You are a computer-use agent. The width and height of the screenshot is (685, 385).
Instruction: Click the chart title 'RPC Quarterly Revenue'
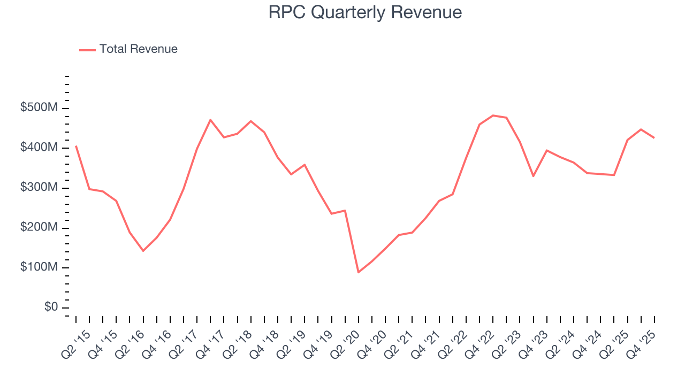click(x=365, y=12)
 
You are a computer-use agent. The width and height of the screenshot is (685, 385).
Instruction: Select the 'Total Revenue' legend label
click(x=138, y=49)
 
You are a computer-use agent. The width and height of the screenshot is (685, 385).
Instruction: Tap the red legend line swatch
click(x=87, y=50)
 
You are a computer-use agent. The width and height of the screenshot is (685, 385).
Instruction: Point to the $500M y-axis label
click(x=39, y=108)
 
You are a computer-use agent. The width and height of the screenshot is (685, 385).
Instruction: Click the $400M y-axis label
click(x=39, y=148)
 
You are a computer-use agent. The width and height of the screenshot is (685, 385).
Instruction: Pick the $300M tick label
click(x=39, y=188)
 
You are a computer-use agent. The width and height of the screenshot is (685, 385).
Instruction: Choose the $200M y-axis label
click(x=39, y=228)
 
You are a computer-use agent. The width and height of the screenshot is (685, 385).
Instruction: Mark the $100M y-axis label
click(x=39, y=268)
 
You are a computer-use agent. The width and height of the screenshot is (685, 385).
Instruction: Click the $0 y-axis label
click(x=51, y=307)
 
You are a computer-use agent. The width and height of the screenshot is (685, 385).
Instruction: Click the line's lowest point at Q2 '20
click(x=358, y=273)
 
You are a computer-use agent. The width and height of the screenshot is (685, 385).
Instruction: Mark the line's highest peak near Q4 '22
click(x=493, y=115)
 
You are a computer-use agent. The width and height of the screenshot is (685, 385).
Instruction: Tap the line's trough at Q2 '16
click(x=143, y=251)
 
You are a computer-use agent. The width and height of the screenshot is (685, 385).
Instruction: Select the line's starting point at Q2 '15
click(x=76, y=146)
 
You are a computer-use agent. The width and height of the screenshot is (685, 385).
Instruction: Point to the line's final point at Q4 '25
click(x=654, y=138)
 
